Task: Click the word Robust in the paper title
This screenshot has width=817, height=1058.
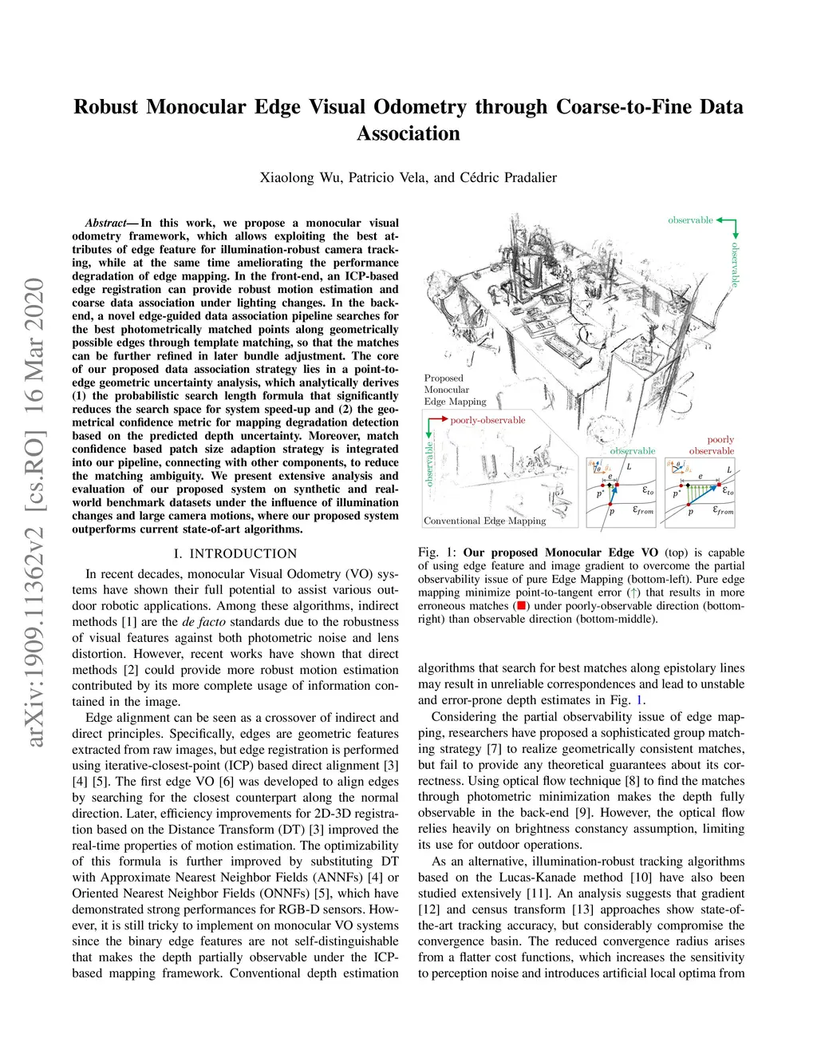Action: tap(106, 107)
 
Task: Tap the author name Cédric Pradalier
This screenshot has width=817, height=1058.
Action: tap(508, 177)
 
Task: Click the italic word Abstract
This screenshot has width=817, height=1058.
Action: tap(105, 223)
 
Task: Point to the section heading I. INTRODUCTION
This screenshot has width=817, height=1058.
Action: tap(235, 553)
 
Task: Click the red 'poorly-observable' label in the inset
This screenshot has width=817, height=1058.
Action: tap(487, 420)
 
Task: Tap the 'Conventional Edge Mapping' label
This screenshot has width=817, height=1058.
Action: tap(485, 521)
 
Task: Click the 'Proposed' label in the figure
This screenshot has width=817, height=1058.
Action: tap(444, 378)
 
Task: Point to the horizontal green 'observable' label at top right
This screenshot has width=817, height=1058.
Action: tap(691, 220)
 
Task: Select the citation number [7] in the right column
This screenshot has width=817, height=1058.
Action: tap(495, 749)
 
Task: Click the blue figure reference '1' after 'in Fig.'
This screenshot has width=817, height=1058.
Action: tap(638, 700)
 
